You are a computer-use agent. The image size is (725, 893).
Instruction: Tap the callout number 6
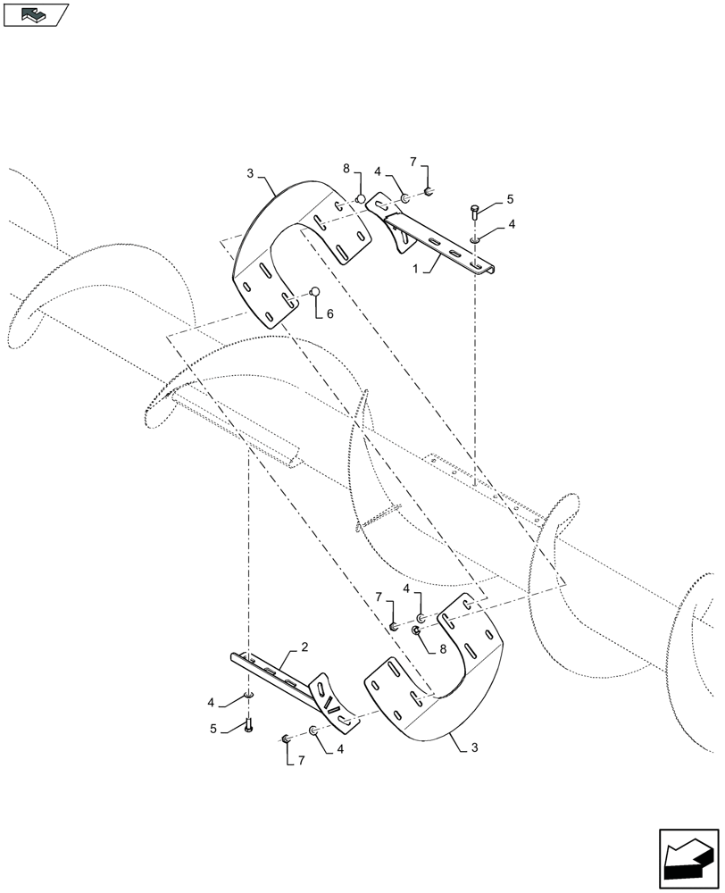coord(330,314)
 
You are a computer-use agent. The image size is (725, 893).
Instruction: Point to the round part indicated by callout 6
coord(314,291)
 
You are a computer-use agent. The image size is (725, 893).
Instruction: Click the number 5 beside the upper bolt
coord(510,199)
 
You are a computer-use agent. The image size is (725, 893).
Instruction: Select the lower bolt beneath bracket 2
coord(249,724)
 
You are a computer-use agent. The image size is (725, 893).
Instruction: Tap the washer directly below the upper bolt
coord(473,238)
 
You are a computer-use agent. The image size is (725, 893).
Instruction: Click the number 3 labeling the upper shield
coord(251,172)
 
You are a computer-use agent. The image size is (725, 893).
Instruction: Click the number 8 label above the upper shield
coord(345,169)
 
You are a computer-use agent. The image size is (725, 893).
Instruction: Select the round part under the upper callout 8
coord(361,197)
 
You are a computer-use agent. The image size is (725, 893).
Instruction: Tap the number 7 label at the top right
coord(413,162)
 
